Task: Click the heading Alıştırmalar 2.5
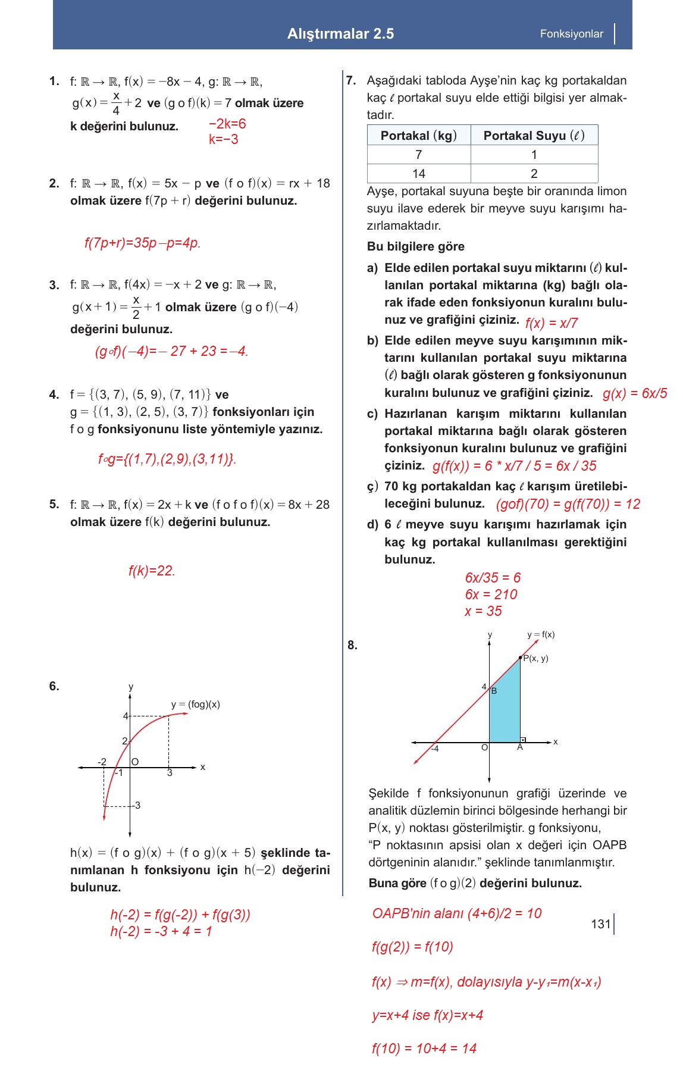[340, 34]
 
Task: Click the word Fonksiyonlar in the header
[571, 34]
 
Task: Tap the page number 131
[600, 924]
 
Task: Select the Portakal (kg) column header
[418, 136]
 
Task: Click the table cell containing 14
[418, 174]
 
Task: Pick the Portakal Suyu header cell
[534, 136]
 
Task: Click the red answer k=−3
[223, 139]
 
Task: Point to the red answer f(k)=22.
[152, 571]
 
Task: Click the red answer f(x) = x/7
[552, 323]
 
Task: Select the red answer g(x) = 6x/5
[634, 394]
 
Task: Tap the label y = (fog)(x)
[195, 705]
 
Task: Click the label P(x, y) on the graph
[535, 658]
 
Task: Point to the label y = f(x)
[540, 635]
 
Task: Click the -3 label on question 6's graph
[136, 806]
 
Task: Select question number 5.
[54, 505]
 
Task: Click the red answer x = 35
[483, 611]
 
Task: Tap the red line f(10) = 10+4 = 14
[424, 1048]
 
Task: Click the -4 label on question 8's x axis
[435, 749]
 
